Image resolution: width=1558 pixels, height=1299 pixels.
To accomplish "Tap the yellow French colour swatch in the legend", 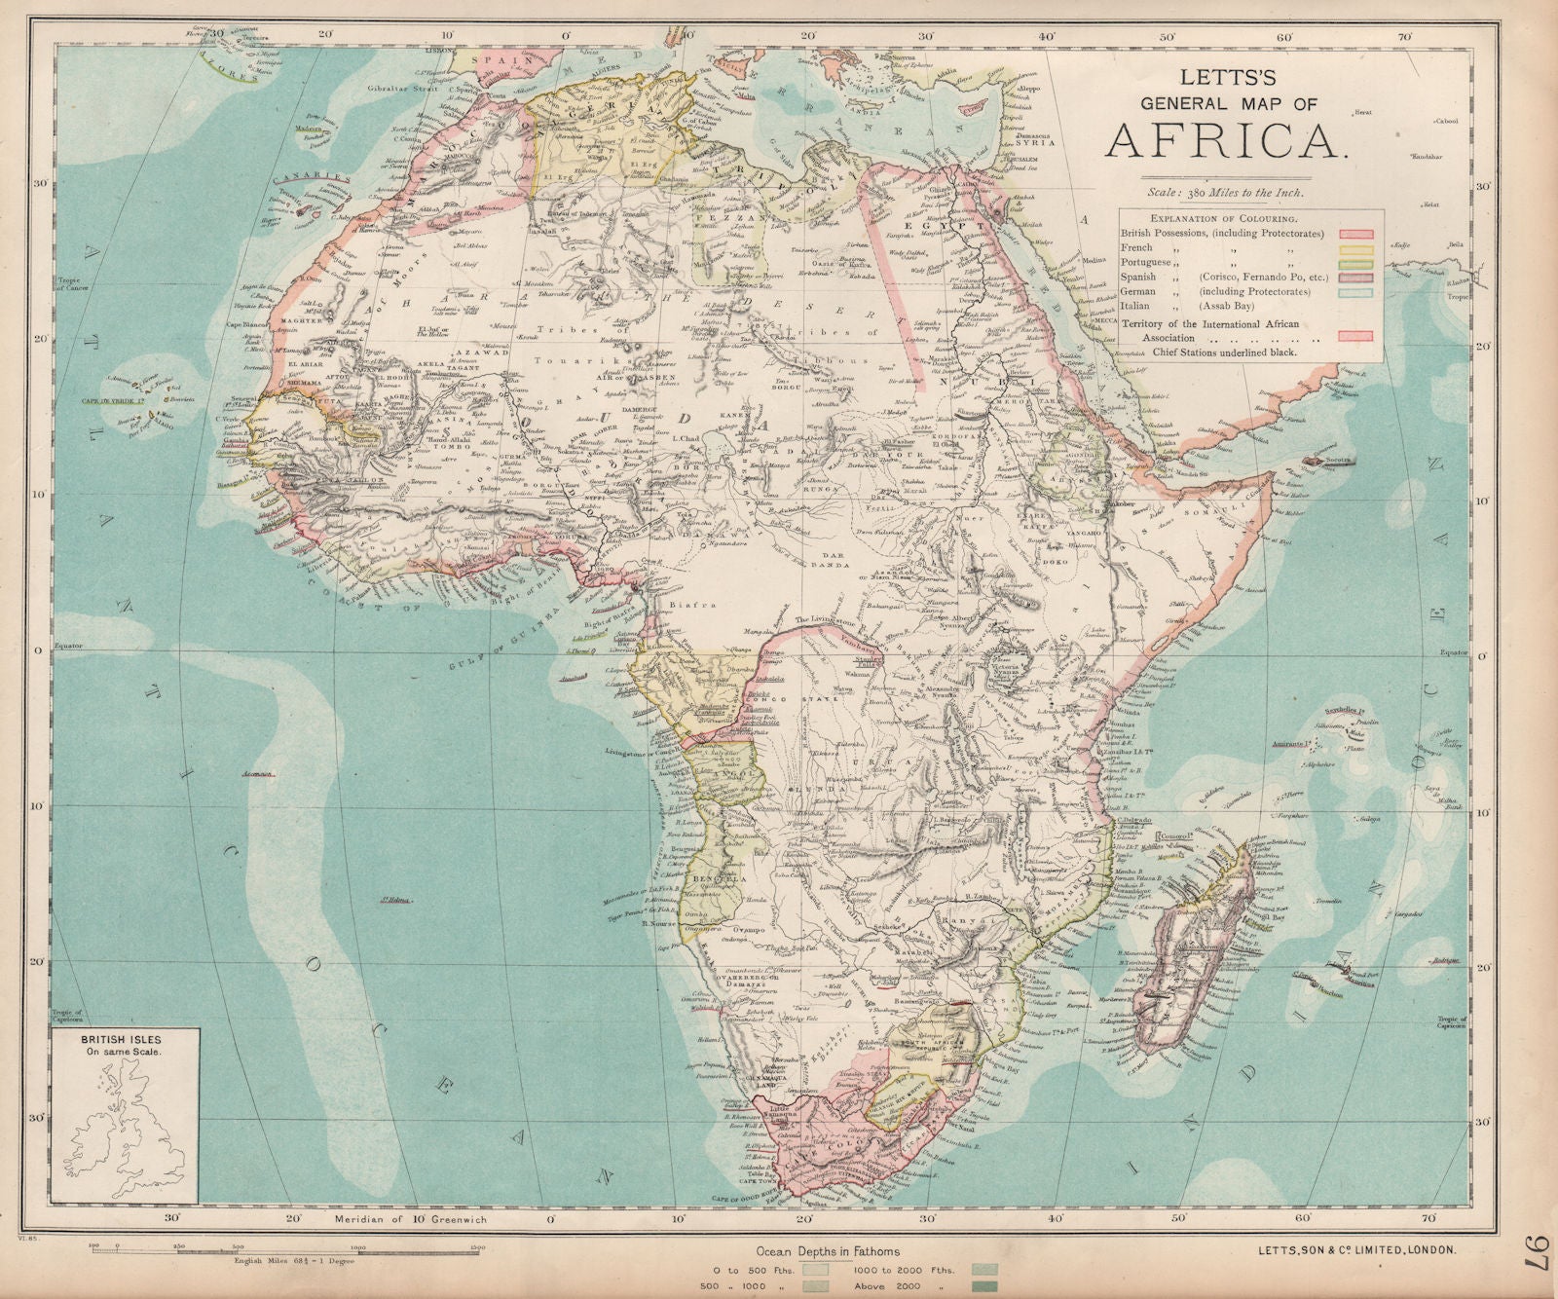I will [1355, 249].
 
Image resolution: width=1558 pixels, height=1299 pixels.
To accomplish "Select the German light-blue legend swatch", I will [1355, 292].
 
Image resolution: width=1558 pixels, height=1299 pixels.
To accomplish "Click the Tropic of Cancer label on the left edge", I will [75, 285].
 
